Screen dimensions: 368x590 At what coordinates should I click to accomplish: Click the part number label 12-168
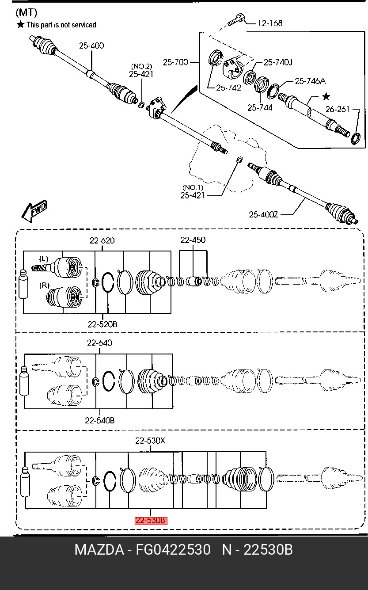270,23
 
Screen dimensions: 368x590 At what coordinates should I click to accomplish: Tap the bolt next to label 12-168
236,20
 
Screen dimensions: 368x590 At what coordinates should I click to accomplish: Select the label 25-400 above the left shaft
91,46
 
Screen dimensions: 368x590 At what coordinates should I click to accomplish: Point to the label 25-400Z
263,214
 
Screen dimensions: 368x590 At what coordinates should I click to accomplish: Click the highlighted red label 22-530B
151,521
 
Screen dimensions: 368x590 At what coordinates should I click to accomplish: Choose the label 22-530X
150,440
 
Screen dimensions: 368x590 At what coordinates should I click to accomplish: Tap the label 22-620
102,240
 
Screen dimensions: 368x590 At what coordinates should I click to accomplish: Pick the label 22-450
193,240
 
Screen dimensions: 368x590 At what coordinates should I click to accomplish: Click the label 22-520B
102,324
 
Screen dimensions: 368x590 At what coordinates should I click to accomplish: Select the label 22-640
99,343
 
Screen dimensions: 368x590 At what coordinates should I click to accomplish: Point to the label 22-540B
100,420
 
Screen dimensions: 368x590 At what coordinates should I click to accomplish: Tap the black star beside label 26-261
326,96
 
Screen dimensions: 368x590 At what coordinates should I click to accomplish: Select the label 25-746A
310,81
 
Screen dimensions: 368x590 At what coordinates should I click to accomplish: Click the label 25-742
229,88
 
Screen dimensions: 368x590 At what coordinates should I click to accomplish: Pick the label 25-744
260,107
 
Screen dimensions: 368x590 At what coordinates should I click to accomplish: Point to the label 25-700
175,62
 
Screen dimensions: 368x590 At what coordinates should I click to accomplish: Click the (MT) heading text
27,12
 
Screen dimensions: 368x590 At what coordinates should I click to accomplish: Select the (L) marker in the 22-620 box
44,259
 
